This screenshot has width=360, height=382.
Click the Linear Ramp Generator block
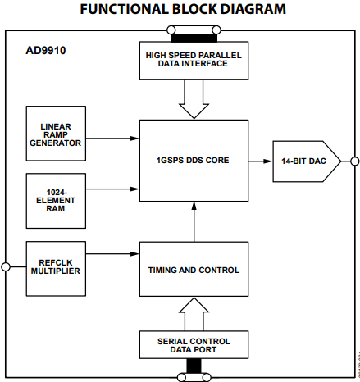pyautogui.click(x=54, y=132)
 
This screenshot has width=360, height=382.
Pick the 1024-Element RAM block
pyautogui.click(x=54, y=199)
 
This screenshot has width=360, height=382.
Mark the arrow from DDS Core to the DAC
pyautogui.click(x=261, y=161)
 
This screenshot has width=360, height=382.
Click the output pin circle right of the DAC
pyautogui.click(x=354, y=161)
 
